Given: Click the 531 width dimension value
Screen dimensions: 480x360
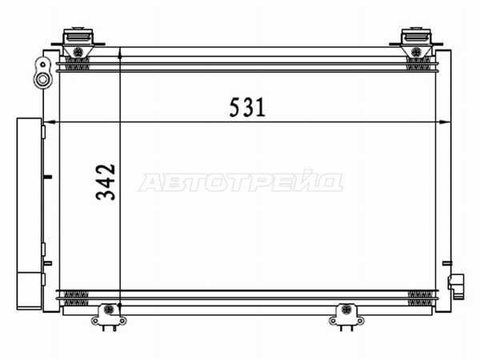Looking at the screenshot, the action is [x=247, y=107].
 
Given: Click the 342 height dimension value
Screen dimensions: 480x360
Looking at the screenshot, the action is [x=106, y=182].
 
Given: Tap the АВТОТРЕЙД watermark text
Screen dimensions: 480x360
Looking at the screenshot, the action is [x=241, y=182].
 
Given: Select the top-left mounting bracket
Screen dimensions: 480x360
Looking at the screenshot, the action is [x=78, y=42].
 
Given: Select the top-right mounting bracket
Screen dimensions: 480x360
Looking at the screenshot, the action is [x=416, y=42].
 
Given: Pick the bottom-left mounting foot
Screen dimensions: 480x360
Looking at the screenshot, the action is [x=109, y=317].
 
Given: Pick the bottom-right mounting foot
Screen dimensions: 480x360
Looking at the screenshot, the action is [x=346, y=317].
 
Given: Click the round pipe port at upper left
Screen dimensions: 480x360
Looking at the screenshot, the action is [x=42, y=80].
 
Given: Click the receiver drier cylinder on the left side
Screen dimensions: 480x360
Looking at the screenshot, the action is [x=29, y=214].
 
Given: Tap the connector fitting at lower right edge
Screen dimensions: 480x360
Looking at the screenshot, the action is [x=456, y=286].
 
